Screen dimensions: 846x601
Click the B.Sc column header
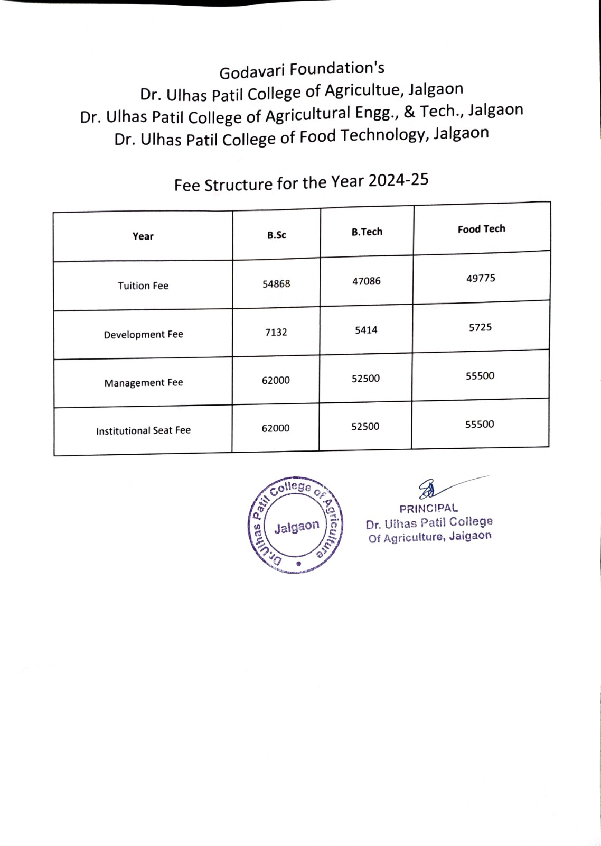(x=276, y=235)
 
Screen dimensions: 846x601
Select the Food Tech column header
(x=481, y=229)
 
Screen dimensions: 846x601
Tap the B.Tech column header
(x=367, y=232)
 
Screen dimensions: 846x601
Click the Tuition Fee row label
(x=143, y=286)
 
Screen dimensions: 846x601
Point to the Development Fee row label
(x=143, y=335)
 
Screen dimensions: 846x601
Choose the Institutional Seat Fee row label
(x=143, y=431)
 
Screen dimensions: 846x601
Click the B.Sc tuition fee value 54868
(x=276, y=284)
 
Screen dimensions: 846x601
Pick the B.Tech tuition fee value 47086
(x=367, y=281)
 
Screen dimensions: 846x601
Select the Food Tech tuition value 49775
(x=481, y=278)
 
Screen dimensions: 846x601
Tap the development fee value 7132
(x=276, y=333)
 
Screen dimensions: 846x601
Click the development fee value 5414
(x=366, y=330)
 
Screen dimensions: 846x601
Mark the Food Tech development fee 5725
(x=480, y=327)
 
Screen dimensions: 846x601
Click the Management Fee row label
(x=144, y=383)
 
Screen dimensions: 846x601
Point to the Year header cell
(x=143, y=236)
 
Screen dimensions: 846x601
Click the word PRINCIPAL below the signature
(x=429, y=509)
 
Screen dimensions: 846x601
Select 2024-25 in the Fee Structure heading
(x=398, y=180)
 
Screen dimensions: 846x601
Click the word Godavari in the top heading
(x=252, y=71)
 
